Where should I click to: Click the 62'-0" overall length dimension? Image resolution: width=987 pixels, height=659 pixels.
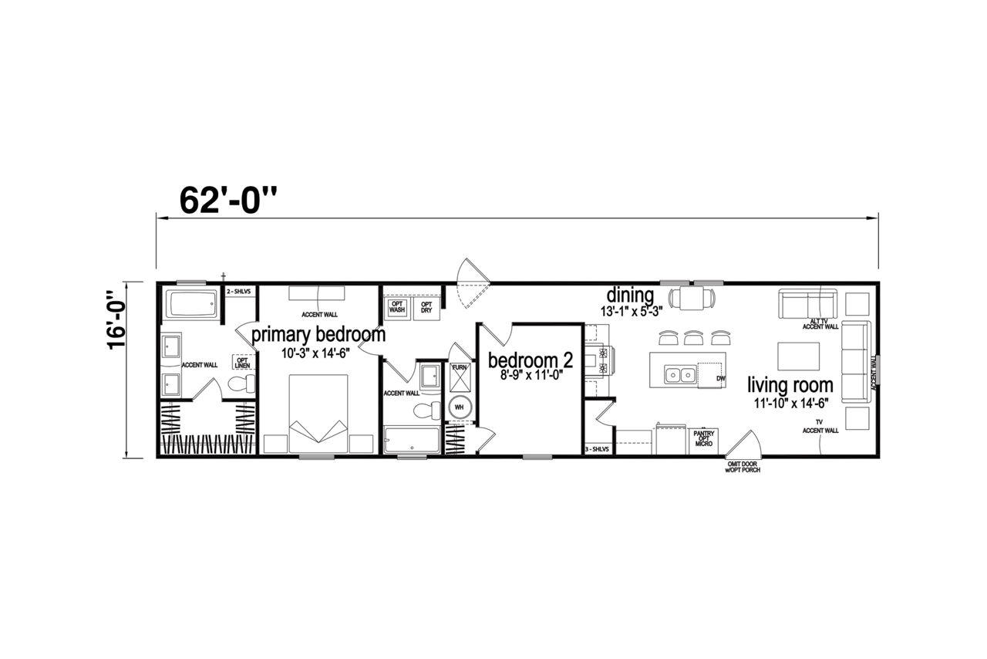[x=229, y=200]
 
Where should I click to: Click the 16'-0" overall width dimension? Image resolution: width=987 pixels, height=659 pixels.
[x=116, y=319]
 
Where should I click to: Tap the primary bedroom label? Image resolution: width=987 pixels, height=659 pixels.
[x=318, y=335]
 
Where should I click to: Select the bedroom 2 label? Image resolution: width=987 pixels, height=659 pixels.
[x=531, y=360]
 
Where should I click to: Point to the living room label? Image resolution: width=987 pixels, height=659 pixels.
[x=790, y=385]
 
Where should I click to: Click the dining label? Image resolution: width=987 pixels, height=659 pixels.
[x=630, y=295]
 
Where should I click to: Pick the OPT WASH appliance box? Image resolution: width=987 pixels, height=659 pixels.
[x=397, y=307]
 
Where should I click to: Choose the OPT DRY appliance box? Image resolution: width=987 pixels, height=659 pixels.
[x=426, y=307]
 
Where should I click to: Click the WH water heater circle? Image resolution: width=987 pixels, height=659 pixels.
[x=459, y=407]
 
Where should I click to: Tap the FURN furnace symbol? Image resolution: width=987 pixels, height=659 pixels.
[x=460, y=377]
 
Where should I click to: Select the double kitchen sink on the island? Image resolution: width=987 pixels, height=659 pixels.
[x=680, y=375]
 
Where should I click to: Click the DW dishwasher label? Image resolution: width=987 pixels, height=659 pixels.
[x=721, y=378]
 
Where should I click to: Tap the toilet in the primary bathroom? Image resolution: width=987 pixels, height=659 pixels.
[x=242, y=384]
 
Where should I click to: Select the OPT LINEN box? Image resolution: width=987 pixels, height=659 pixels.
[x=242, y=363]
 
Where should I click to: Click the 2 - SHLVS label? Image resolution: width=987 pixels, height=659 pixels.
[x=238, y=292]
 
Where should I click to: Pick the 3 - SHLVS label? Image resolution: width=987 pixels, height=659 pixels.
[x=597, y=449]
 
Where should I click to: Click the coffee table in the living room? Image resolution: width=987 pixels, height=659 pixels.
[x=798, y=356]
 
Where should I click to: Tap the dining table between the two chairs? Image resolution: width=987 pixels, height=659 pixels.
[x=692, y=299]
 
